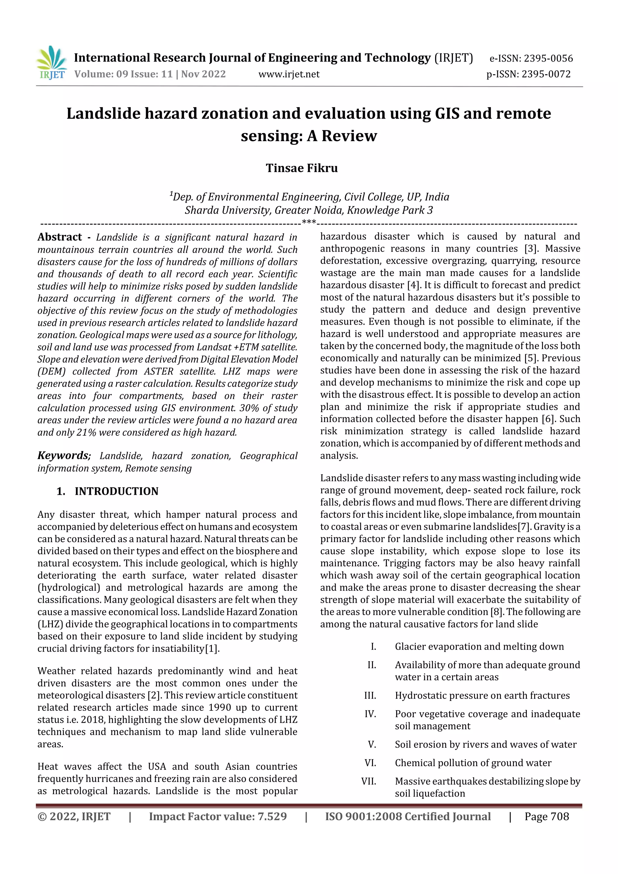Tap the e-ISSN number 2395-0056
click(548, 58)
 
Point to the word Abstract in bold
click(60, 237)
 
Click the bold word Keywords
click(63, 456)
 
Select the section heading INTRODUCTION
click(116, 491)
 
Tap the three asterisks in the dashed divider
click(308, 222)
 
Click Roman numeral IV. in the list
click(370, 714)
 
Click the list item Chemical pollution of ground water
click(473, 763)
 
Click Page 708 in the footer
click(546, 816)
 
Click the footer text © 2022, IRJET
click(74, 816)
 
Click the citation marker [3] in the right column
click(530, 249)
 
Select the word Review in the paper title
click(349, 135)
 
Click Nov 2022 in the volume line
click(203, 74)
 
